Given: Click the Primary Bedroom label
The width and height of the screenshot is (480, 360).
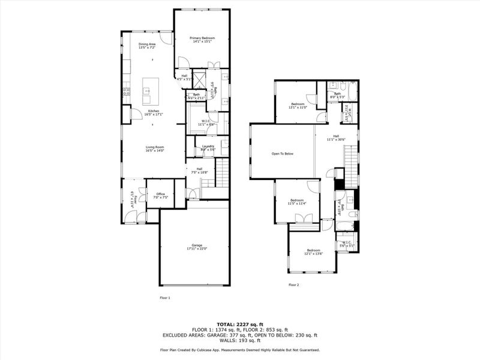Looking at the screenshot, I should [x=202, y=38].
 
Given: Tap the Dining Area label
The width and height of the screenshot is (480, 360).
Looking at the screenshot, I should [x=147, y=44].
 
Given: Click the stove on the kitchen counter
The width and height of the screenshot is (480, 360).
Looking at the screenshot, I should [x=126, y=92].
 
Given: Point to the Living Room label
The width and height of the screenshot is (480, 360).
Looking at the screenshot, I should [x=154, y=147].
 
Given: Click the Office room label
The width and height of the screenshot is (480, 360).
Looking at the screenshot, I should [x=160, y=194].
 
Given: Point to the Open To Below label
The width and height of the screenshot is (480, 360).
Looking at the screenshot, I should [x=282, y=154].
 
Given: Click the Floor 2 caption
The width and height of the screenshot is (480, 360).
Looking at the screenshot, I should [x=293, y=285].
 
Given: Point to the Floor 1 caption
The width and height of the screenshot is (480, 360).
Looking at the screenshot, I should [x=165, y=298].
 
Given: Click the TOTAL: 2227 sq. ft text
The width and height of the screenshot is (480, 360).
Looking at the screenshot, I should [x=240, y=324].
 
